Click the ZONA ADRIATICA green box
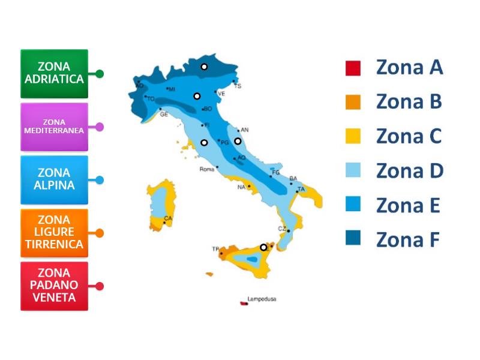coord(54,74)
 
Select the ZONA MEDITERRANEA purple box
coord(54,127)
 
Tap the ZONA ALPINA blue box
coord(54,179)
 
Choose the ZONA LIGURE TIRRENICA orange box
coord(54,232)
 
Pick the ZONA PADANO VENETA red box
coord(54,286)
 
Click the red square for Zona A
coord(353,68)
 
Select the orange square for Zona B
coord(353,102)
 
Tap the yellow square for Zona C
coord(353,137)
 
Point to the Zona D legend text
coord(409,171)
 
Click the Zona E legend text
coord(408,205)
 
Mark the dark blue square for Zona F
coord(353,239)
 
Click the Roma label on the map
coord(206,169)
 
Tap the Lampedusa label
coord(262,299)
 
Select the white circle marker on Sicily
coord(263,247)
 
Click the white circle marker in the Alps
coord(204,67)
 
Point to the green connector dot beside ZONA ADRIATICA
coord(100,74)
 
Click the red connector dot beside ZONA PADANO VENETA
coord(100,286)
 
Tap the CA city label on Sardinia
coord(168,218)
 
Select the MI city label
coord(172,89)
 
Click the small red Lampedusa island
coord(244,303)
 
